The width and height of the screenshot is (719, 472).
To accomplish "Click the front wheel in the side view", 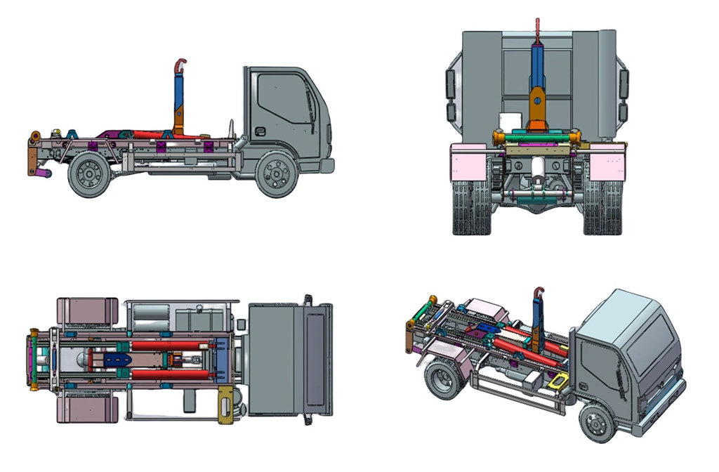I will [277, 173].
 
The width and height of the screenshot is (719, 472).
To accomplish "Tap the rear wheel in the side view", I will [89, 174].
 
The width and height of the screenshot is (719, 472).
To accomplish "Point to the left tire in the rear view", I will [471, 208].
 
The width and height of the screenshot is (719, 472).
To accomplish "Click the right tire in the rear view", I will [602, 208].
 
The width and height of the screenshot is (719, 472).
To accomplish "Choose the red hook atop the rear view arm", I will [538, 30].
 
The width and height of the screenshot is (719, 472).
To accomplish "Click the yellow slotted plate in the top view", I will [225, 405].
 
